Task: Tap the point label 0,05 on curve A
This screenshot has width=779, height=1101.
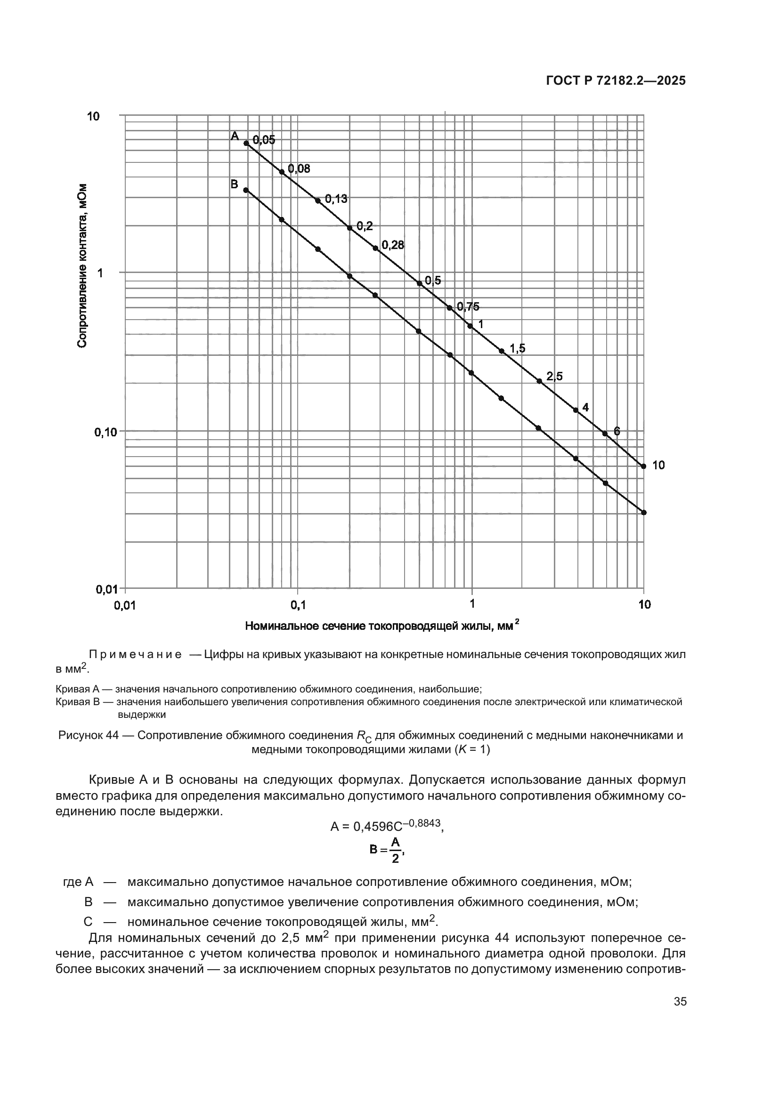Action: (x=264, y=140)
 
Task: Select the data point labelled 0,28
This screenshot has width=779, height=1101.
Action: (x=375, y=249)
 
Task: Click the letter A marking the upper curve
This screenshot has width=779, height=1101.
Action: (x=235, y=136)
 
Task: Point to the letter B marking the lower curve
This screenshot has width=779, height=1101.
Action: (x=235, y=184)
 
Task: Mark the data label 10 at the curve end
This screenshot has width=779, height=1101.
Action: (x=658, y=465)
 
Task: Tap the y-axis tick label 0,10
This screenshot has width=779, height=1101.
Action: (x=106, y=432)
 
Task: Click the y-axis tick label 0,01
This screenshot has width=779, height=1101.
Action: (x=107, y=589)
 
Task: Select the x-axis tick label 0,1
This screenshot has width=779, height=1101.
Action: (x=298, y=605)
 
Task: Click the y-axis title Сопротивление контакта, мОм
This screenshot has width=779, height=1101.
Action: (x=82, y=265)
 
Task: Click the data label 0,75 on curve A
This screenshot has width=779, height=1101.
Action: (x=467, y=307)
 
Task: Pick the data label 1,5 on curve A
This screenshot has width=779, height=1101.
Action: (x=517, y=348)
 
